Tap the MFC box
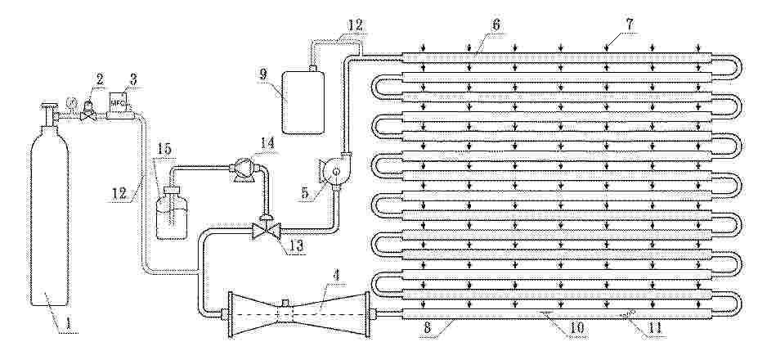coord(118,103)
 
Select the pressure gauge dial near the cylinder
coord(72,102)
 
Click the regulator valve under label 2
coord(87,111)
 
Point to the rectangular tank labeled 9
coord(303,102)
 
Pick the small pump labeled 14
coord(242,169)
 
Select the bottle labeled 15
coord(172,214)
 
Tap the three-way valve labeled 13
coord(267,228)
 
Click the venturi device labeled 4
coord(298,314)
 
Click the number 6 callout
coord(496,25)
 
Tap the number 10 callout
coord(577,328)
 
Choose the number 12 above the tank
coord(355,25)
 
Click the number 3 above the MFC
coord(133,79)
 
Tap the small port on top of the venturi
coord(285,303)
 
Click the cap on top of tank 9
coord(313,69)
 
